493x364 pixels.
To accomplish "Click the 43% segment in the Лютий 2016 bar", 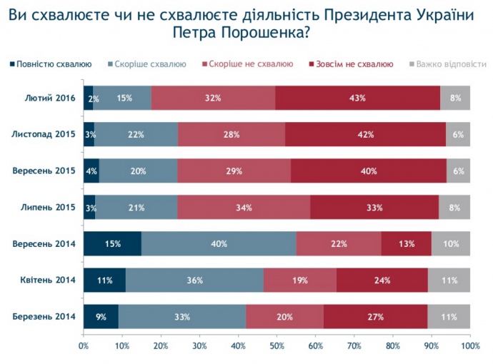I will [357, 98].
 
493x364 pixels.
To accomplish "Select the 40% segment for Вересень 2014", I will [219, 243].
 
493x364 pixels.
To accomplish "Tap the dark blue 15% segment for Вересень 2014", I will [112, 243].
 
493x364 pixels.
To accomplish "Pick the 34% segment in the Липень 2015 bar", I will [244, 207].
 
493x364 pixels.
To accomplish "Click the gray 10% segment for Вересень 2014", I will [450, 243].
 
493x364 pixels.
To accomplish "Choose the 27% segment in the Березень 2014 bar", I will [375, 316].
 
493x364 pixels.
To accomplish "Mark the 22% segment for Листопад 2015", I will [136, 134].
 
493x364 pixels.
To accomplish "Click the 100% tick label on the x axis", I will [469, 345].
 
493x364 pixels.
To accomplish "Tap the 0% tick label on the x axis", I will [84, 345].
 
